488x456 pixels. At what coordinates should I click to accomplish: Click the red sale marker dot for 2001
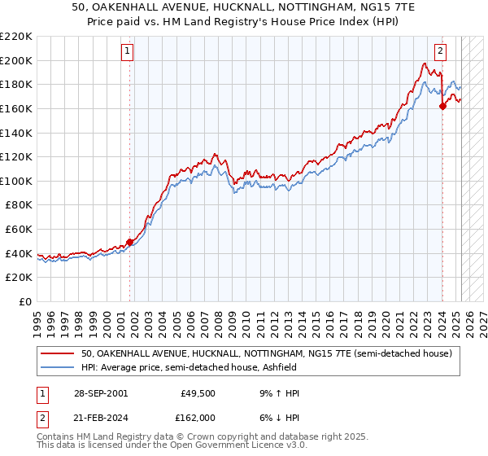click(x=129, y=242)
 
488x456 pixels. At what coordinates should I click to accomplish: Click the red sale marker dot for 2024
click(x=442, y=106)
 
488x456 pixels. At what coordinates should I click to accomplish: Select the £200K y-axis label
click(x=16, y=60)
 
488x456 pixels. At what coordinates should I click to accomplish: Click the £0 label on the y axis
click(x=24, y=301)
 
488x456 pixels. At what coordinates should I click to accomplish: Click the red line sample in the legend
click(x=58, y=353)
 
